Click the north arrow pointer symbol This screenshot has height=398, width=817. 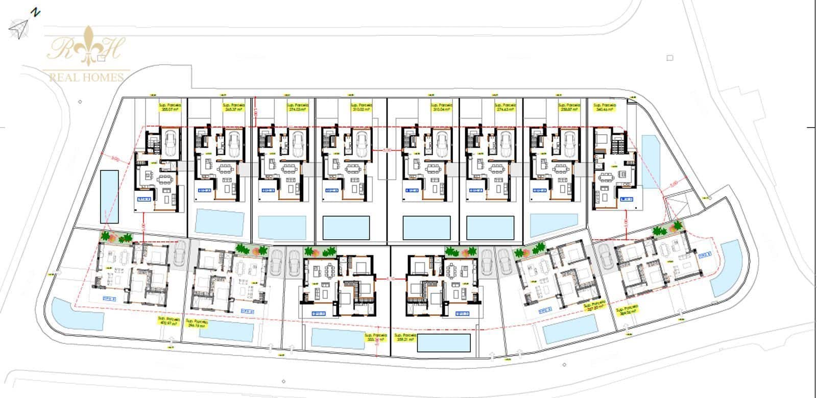(18, 29)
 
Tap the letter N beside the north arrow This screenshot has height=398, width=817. (35, 12)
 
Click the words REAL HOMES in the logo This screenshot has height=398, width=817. (86, 77)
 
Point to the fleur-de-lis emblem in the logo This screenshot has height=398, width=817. (90, 46)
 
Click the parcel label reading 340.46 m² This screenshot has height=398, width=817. (605, 107)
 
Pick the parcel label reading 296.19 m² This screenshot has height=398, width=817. (198, 324)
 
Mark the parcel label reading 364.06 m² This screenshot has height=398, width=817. (627, 311)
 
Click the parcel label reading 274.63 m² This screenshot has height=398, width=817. (506, 107)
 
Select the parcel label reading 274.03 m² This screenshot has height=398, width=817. (297, 107)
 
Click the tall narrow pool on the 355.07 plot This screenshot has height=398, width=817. (109, 196)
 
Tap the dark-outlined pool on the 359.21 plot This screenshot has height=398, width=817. (444, 343)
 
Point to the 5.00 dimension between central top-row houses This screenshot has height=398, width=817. (387, 150)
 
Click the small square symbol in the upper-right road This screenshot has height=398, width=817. (670, 58)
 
